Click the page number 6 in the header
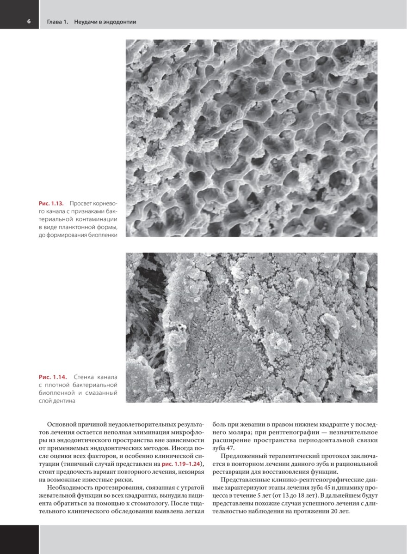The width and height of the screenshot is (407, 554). coord(28,22)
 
